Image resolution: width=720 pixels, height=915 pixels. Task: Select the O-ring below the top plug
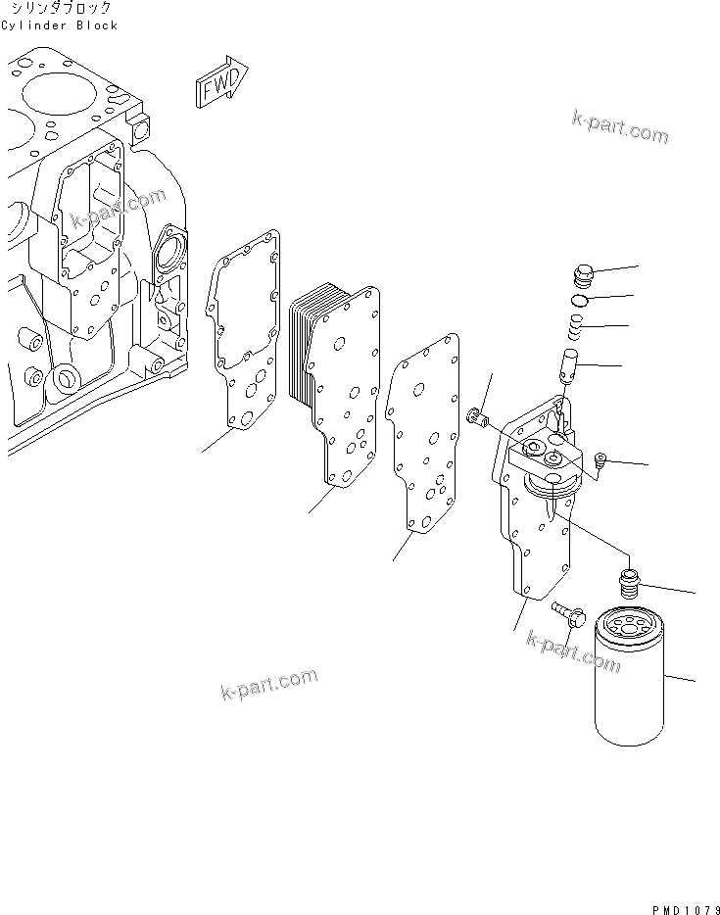[x=580, y=300]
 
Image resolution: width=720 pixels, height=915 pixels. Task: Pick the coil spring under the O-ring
[x=578, y=325]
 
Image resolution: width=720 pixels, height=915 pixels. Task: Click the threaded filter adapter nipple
[x=630, y=584]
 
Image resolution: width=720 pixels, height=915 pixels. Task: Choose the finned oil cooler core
[x=338, y=382]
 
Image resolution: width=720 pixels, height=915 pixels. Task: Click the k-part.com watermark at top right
[x=620, y=126]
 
